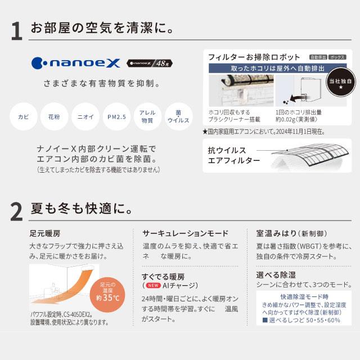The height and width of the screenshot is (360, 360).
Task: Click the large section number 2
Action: [16, 211]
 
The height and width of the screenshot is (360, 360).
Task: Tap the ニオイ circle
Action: [85, 117]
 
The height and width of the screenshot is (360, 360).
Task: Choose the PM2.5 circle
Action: [116, 117]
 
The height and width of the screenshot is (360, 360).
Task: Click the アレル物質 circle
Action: [147, 117]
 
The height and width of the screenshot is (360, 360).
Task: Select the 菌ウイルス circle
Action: [178, 117]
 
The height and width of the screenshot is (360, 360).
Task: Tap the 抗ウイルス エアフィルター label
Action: [233, 156]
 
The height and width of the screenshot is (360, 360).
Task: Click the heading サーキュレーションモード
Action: [185, 233]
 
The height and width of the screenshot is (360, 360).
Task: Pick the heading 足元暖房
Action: [46, 233]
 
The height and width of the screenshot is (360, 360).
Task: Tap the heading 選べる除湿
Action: [275, 275]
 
